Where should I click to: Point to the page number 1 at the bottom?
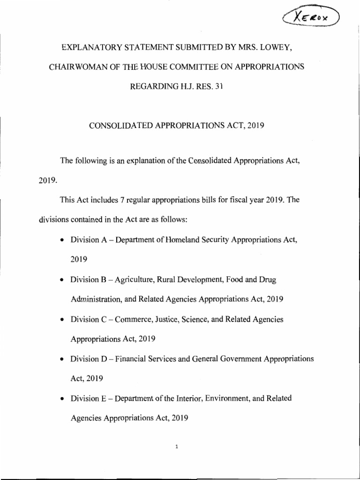[176, 447]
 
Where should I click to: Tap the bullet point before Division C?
[62, 320]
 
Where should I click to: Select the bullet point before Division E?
[62, 399]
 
